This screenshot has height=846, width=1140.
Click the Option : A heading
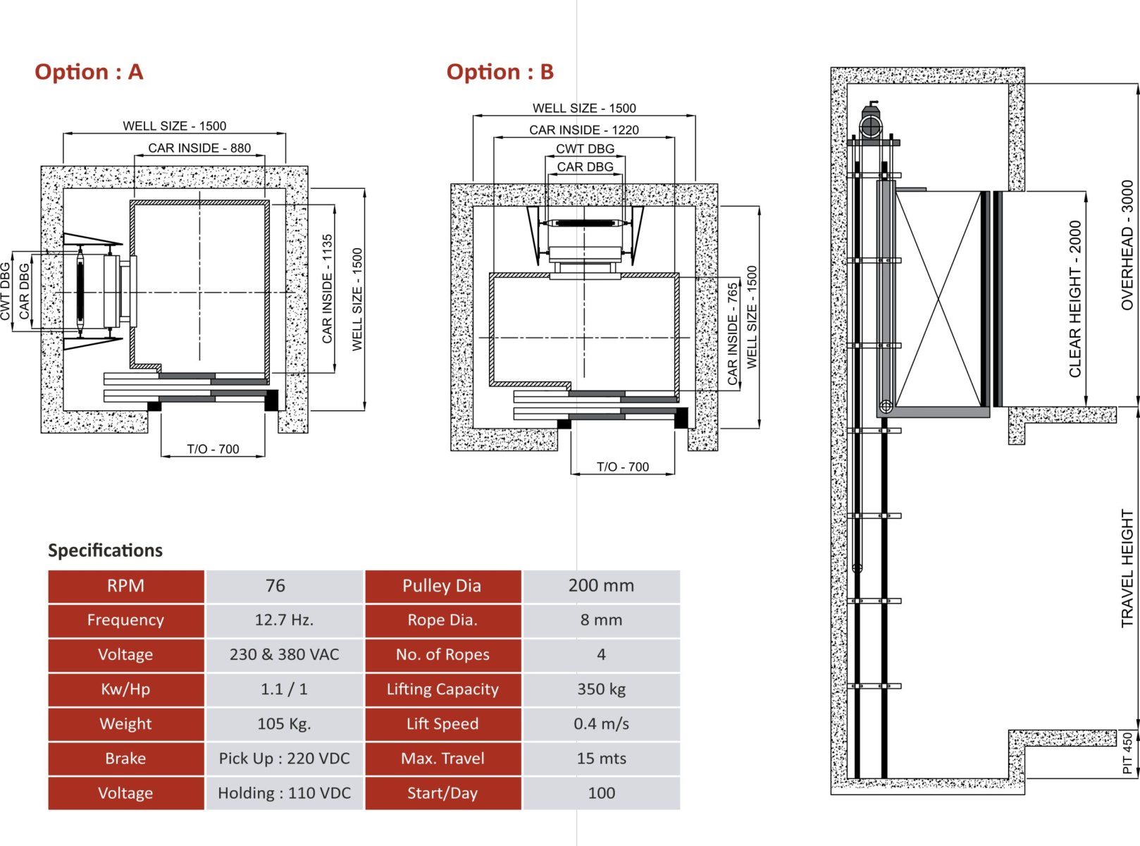coord(89,72)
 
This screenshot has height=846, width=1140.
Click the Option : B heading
coord(500,72)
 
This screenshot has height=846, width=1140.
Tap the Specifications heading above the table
coord(105,550)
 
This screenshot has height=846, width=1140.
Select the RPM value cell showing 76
coord(275,586)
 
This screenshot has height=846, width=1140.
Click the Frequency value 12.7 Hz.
coord(284,620)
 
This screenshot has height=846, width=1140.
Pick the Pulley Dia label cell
coord(442,586)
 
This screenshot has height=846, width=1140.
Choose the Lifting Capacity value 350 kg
coord(601,689)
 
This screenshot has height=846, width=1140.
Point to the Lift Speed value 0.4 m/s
coord(601,724)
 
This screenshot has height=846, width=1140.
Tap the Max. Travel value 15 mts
coord(601,759)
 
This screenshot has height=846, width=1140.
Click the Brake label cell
coord(125,759)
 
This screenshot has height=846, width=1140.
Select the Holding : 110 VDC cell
coord(284,793)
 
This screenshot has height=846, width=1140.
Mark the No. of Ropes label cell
coord(442,655)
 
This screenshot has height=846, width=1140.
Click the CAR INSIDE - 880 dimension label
coord(199,148)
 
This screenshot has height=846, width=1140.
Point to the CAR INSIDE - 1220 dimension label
coord(584,130)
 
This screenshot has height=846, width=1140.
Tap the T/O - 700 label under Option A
coord(213,449)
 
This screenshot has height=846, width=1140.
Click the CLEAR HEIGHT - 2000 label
coord(1075,299)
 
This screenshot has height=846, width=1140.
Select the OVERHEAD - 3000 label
coord(1127,245)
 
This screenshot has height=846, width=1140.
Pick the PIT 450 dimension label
coord(1127,753)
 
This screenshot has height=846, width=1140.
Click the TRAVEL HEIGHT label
coord(1127,568)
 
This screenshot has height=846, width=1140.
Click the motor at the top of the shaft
coord(871,125)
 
